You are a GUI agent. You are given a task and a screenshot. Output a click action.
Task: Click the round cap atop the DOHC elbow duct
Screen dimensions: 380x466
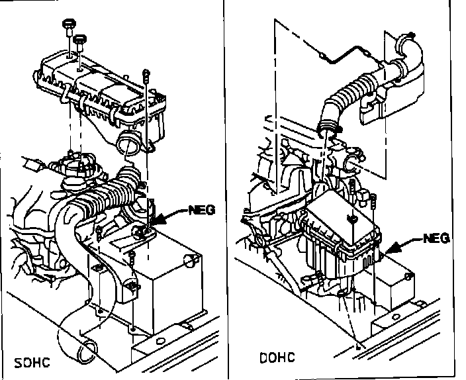404,42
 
